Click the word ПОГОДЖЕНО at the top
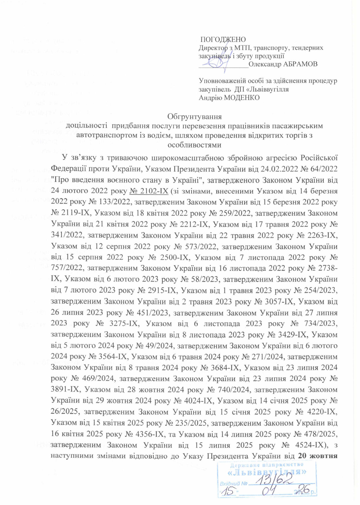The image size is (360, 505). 223,40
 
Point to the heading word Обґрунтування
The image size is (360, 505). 194,117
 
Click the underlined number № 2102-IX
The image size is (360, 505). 150,191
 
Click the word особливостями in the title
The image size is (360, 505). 194,145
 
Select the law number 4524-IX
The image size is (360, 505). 312,445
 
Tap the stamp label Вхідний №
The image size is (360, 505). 233,483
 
